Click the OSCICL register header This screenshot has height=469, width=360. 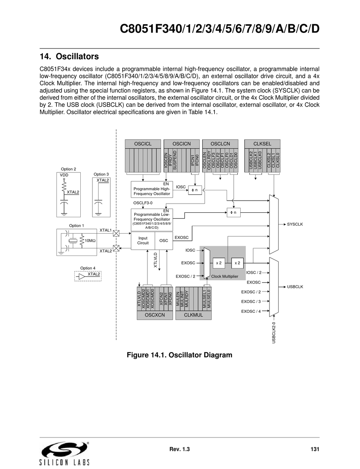point(143,144)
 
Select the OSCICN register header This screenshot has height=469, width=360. point(182,144)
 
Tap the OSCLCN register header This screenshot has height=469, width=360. point(220,144)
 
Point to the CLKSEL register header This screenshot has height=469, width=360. point(262,144)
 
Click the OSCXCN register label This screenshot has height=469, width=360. point(155,315)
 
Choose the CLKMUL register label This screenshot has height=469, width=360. point(193,315)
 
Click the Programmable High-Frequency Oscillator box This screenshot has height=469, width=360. point(152,189)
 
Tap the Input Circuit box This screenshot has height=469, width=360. point(143,240)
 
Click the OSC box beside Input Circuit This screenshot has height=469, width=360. point(164,240)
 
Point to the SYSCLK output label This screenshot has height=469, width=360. point(295,224)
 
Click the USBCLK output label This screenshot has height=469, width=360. point(295,287)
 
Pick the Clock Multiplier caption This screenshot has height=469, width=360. point(225,276)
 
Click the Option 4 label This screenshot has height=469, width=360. point(88,268)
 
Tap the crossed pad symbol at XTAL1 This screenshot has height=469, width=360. point(116,233)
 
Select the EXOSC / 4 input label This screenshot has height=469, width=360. point(251,311)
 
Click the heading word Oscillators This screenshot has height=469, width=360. point(77,56)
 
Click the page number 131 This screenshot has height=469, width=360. point(315,449)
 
